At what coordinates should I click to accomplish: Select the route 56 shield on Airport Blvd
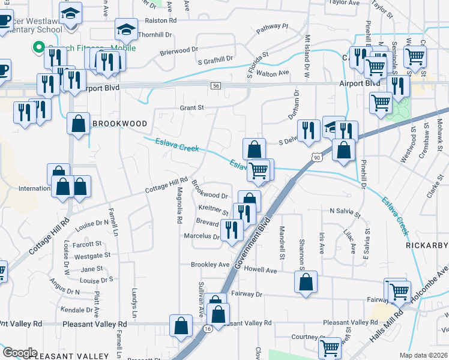(x=215, y=86)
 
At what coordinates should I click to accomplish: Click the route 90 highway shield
(x=316, y=157)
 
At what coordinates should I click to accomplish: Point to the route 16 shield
(x=208, y=329)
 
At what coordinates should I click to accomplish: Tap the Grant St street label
(x=192, y=108)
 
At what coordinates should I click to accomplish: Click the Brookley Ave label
(x=210, y=265)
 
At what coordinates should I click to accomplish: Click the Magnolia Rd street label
(x=179, y=205)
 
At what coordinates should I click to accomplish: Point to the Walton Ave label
(x=273, y=73)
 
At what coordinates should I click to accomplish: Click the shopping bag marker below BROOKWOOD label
(x=78, y=124)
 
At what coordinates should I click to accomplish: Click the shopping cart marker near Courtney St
(x=330, y=347)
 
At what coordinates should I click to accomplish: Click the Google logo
(x=20, y=352)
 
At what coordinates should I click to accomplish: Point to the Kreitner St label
(x=214, y=211)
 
